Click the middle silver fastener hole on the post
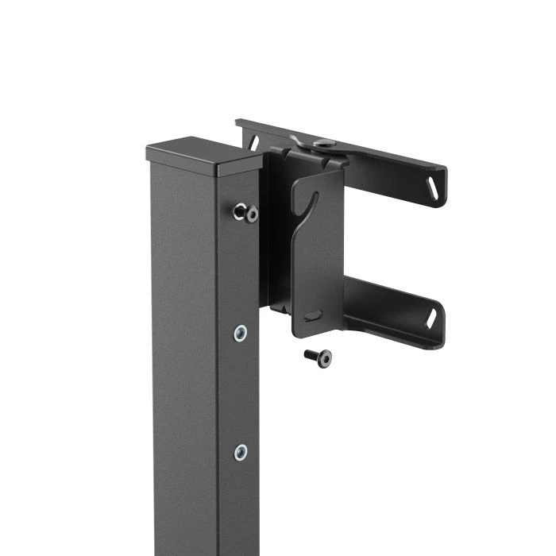(240, 333)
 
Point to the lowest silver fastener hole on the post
(240, 453)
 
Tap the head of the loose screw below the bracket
(323, 359)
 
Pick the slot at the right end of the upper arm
(433, 188)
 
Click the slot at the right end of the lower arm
(433, 319)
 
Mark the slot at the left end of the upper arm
(254, 141)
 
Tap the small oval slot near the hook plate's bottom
(312, 315)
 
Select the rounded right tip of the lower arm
(442, 327)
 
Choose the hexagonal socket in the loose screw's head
(325, 359)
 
